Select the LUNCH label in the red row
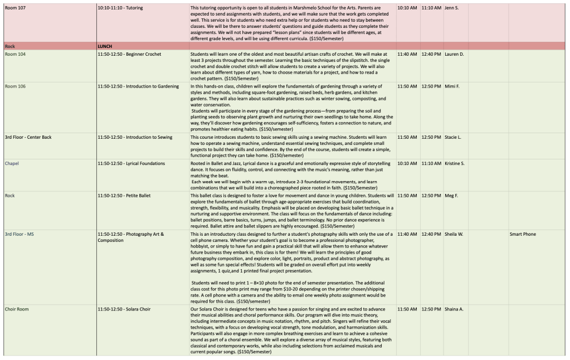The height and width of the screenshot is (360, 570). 105,46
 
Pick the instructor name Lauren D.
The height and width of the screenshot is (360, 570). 454,54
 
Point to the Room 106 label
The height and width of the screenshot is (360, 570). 15,86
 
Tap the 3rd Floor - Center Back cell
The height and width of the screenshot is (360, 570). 28,137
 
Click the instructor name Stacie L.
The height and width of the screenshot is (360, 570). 453,137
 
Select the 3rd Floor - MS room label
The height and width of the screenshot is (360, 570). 20,234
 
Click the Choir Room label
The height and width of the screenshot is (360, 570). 17,309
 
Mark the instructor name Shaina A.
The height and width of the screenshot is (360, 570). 454,309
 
